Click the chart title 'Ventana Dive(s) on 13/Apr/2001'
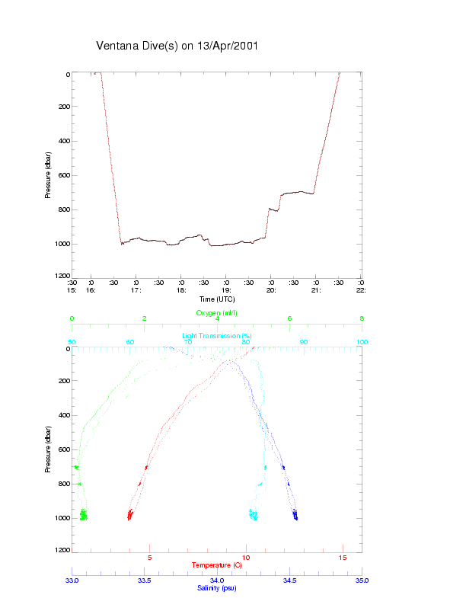(177, 46)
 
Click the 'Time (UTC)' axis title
(216, 299)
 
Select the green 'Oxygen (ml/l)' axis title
(217, 312)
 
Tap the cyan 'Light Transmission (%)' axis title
(217, 335)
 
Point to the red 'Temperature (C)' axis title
(217, 565)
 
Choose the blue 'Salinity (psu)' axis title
(217, 587)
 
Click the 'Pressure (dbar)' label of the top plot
(48, 175)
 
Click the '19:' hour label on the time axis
(226, 290)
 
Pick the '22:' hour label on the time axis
(362, 290)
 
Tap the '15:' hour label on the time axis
(72, 290)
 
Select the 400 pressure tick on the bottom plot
(64, 416)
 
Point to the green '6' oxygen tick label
(289, 318)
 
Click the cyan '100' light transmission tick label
(362, 342)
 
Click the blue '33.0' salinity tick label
(72, 580)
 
